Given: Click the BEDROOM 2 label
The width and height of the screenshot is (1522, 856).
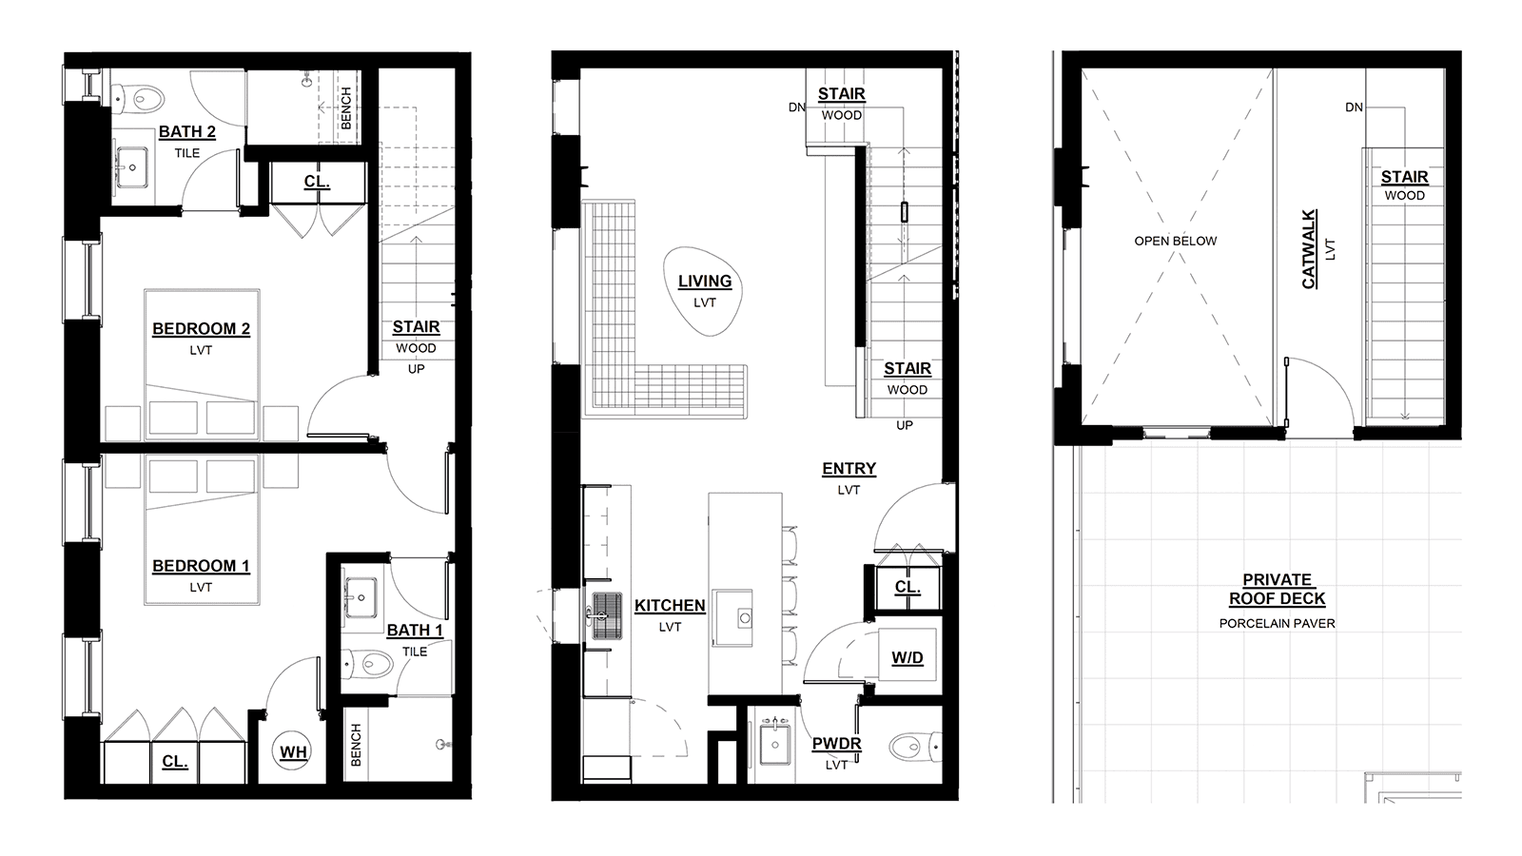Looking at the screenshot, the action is point(201,329).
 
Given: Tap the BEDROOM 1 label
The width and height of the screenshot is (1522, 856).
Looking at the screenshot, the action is point(201,566).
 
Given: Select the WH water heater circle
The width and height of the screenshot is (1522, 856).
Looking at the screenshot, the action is point(294,752).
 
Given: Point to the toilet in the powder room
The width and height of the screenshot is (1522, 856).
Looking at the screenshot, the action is point(914,748).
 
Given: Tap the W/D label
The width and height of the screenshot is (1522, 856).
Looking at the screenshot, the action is point(907,657).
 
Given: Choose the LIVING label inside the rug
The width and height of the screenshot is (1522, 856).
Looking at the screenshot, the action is point(705,282).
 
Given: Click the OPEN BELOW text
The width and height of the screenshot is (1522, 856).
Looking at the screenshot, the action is point(1176,242).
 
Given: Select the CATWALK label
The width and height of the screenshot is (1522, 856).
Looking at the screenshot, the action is point(1309,248).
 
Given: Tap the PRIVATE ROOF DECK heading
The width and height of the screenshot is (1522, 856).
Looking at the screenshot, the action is point(1277,590).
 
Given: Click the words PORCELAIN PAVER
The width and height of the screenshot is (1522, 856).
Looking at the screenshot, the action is point(1277,624).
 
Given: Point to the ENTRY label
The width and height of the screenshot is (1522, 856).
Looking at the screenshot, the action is point(849,469).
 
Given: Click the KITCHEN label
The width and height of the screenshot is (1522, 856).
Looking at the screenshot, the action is point(670,606).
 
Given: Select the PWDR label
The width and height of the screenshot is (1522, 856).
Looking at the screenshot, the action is point(836,744).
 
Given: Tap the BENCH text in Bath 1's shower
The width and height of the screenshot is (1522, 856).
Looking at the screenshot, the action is point(356,746).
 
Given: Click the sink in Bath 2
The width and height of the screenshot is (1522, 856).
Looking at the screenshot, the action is point(132,167).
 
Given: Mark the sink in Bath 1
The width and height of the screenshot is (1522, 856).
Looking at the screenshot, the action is point(361,597).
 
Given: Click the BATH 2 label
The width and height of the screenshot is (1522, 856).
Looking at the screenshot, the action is point(186,132).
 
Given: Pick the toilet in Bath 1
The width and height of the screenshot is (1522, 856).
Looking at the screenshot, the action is point(367,664).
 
